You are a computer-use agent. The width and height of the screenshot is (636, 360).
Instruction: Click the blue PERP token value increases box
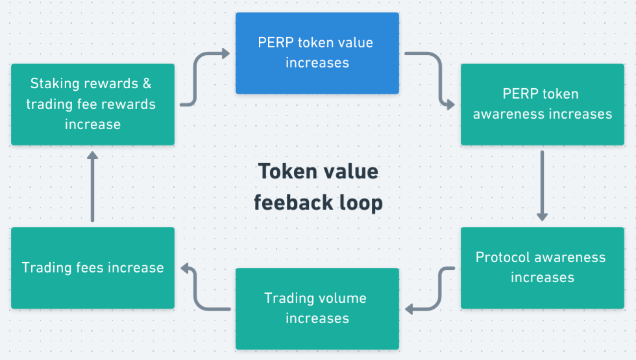coord(317,53)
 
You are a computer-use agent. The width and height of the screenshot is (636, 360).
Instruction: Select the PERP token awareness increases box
coord(542,104)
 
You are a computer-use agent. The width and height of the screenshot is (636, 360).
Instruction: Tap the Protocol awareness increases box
coord(542,267)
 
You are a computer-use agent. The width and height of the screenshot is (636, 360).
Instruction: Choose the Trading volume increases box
coord(317,308)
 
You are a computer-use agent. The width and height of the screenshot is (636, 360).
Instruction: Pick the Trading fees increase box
coord(93,267)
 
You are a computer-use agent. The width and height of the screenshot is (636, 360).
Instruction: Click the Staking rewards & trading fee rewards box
coord(93,104)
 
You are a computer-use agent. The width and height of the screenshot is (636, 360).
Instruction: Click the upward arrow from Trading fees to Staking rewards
coord(93,186)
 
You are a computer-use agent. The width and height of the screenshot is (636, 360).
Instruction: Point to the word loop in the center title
coord(361,203)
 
